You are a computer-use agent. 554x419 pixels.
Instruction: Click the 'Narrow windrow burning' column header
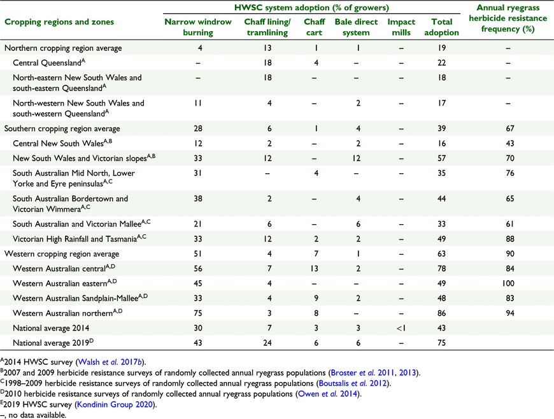(x=198, y=27)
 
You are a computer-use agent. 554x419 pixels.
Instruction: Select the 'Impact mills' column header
(x=401, y=27)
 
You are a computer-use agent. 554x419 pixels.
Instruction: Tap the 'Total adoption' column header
(x=442, y=27)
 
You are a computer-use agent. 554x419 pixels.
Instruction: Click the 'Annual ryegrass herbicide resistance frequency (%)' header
(x=508, y=18)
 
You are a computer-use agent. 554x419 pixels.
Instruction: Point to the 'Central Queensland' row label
(x=49, y=62)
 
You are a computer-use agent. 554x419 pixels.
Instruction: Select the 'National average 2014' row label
(x=51, y=328)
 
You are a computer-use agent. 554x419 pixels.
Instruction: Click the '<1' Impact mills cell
(x=401, y=328)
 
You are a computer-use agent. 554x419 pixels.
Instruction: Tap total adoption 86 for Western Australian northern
(x=442, y=313)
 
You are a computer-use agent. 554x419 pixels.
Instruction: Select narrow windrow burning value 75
(x=198, y=313)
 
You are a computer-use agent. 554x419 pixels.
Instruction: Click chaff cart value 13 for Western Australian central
(x=314, y=269)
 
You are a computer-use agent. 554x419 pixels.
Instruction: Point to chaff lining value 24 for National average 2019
(x=267, y=343)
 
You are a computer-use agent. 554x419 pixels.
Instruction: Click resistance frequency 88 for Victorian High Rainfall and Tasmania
(x=510, y=239)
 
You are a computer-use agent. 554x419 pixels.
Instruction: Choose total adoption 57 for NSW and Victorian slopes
(x=442, y=158)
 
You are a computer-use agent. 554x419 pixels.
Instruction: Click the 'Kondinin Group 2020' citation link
(x=115, y=404)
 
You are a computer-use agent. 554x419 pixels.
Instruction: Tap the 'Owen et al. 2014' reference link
(x=327, y=394)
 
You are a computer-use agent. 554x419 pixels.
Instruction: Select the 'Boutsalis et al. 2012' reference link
(x=353, y=383)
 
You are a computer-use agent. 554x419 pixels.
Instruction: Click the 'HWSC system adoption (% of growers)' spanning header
(x=311, y=8)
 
